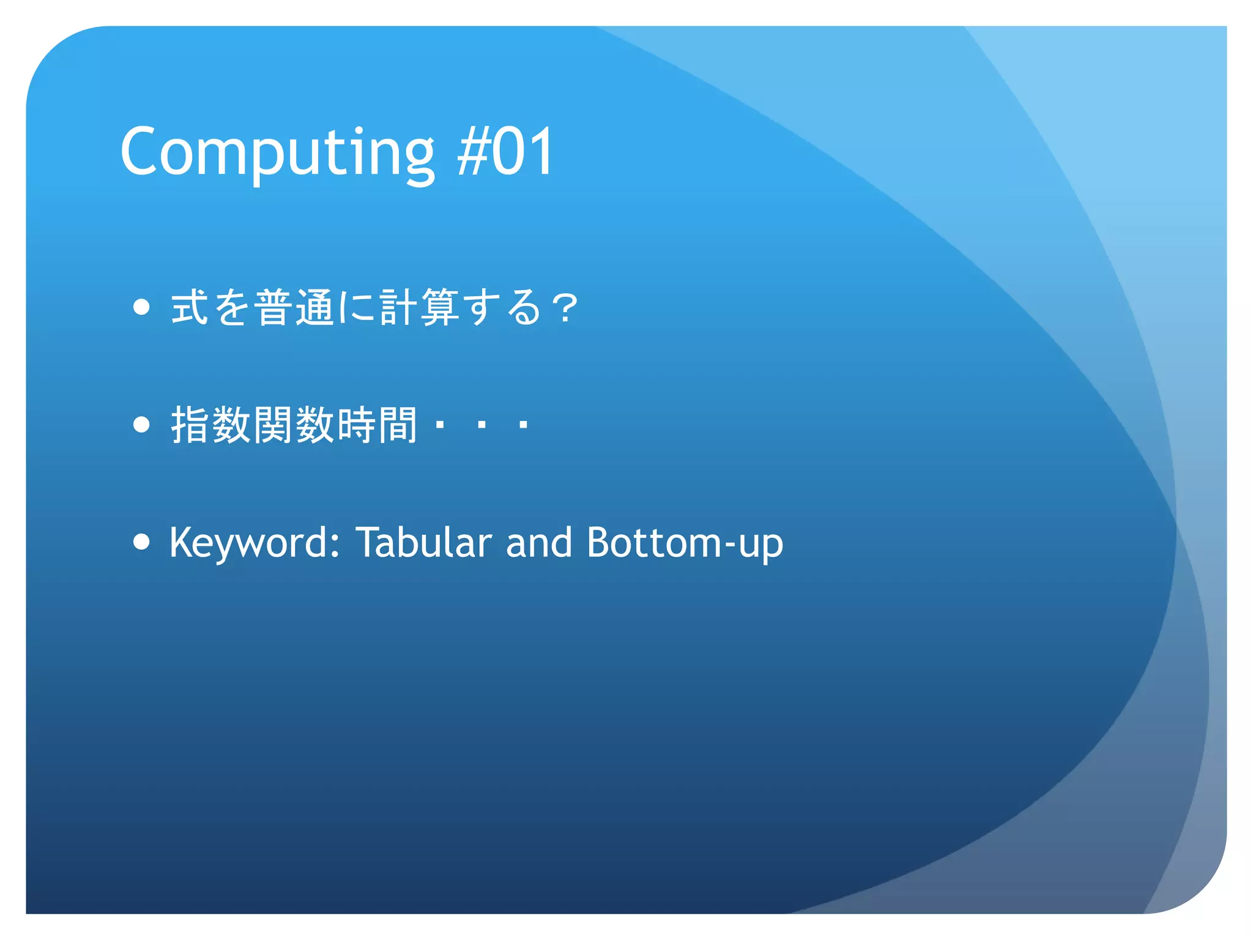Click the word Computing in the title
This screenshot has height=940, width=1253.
coord(277,152)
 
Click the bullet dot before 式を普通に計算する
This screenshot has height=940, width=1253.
coord(141,307)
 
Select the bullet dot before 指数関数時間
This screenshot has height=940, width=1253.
coord(141,424)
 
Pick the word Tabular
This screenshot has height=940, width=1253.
coord(423,542)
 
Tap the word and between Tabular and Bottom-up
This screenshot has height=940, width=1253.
coord(538,542)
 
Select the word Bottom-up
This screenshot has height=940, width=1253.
coord(684,542)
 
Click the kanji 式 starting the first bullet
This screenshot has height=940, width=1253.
coord(190,307)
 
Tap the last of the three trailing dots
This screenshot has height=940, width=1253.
coord(522,424)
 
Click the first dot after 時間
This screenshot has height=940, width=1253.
coord(439,424)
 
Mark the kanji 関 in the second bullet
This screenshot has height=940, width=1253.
coord(273,425)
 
